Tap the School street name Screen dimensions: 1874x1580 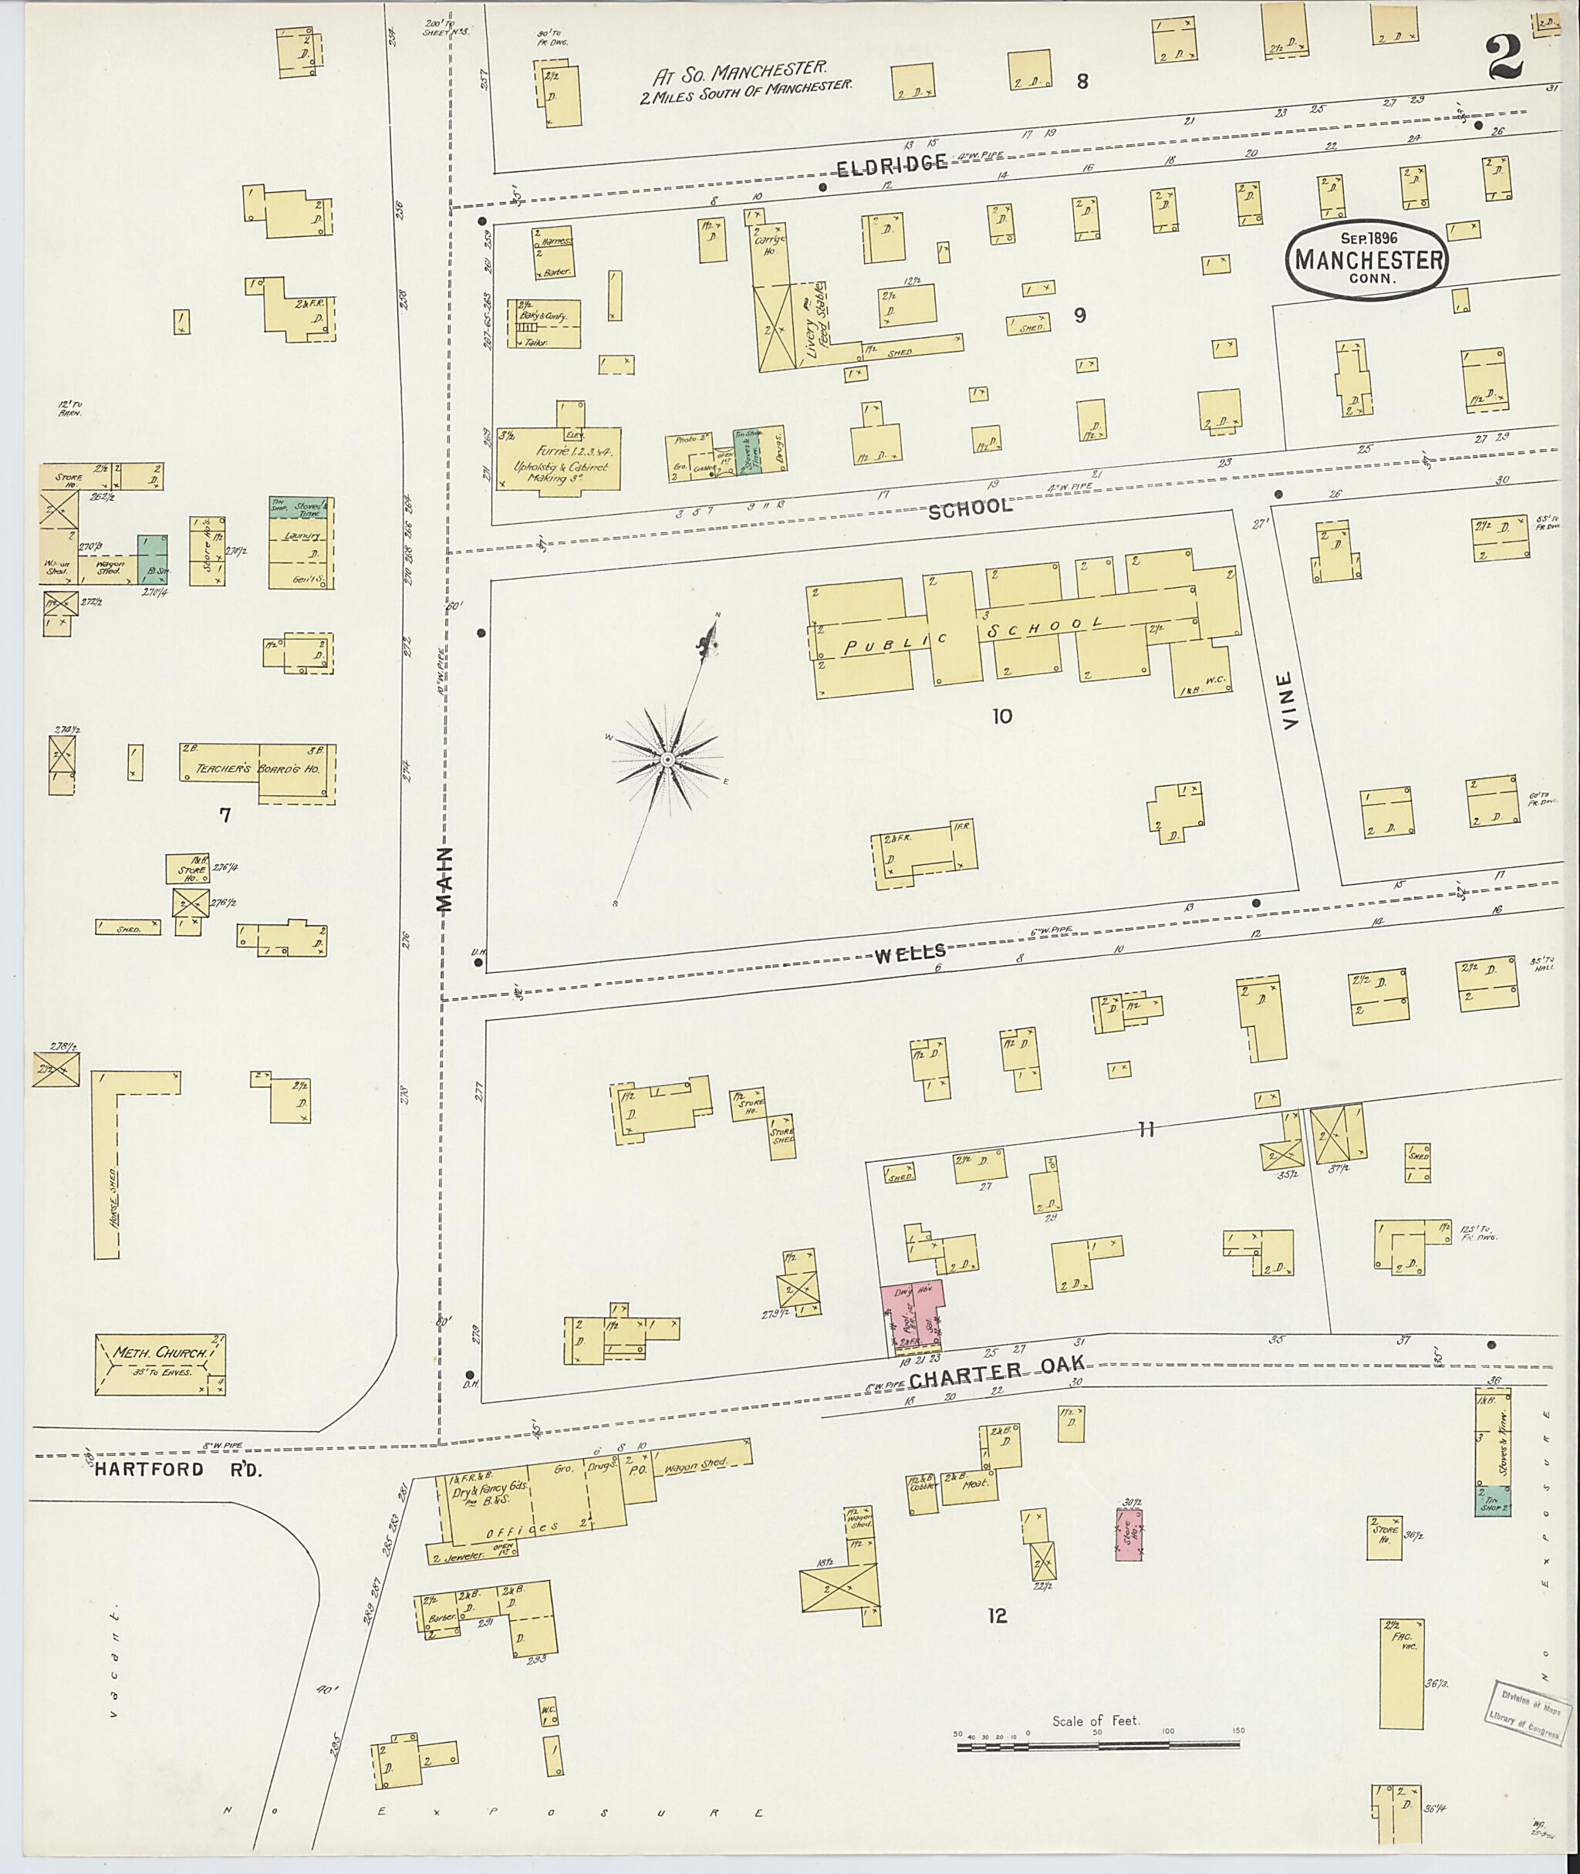point(970,508)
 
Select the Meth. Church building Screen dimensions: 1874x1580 point(160,1364)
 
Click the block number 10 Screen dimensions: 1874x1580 point(1001,716)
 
